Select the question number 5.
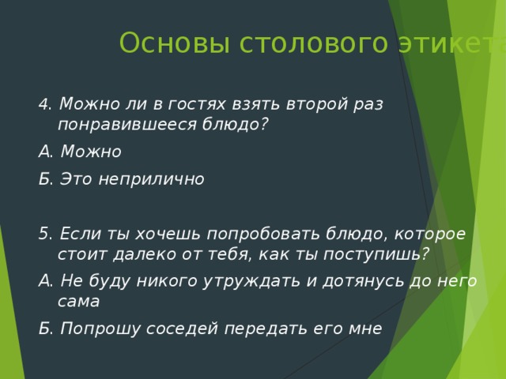pyautogui.click(x=43, y=234)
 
